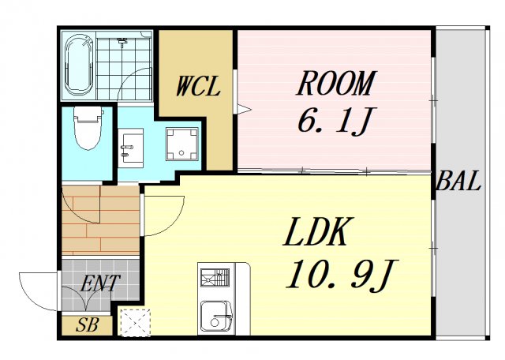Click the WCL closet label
pos(198,86)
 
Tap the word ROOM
pos(336,83)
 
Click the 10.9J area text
pos(342,276)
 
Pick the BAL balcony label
pos(458,181)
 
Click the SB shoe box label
pos(87,325)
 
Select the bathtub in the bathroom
pos(79,65)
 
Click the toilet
pos(88,128)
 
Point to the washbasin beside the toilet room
pos(130,148)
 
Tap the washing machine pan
pos(182,144)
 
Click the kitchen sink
pos(216,317)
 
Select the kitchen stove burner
pos(215,277)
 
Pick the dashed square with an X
pos(135,322)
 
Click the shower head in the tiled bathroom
pos(122,41)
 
